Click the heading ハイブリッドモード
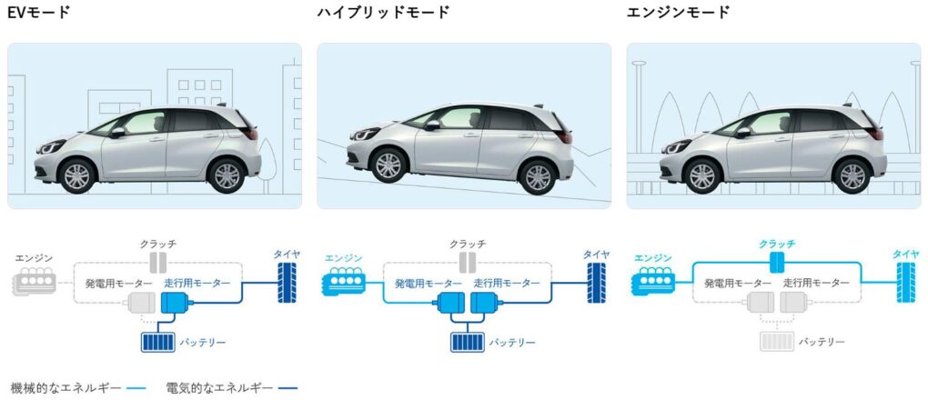(383, 13)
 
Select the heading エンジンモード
(678, 13)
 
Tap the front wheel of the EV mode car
(76, 175)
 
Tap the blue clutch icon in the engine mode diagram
(776, 263)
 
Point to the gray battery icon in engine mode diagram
(778, 342)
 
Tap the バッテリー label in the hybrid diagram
(513, 343)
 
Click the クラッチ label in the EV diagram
(157, 245)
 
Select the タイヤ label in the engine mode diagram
(905, 255)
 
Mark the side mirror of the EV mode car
(117, 133)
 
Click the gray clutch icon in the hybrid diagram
(468, 263)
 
